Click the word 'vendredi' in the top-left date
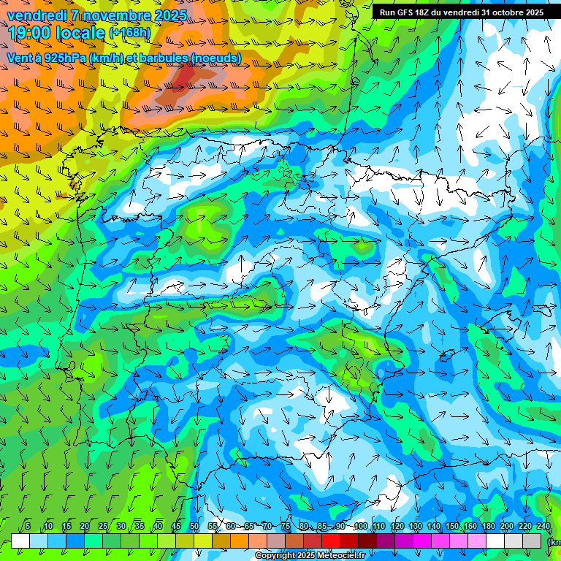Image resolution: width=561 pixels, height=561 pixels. (x=34, y=15)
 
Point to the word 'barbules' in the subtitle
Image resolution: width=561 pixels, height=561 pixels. (x=159, y=57)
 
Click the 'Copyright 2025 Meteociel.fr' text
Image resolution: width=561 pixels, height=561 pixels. (x=310, y=556)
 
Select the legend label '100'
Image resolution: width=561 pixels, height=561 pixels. (x=361, y=526)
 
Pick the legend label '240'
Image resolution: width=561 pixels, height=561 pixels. (x=543, y=526)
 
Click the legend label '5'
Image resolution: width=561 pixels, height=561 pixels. (x=28, y=526)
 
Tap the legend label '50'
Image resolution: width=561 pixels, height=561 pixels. (x=194, y=526)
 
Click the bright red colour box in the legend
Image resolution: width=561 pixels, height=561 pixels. (x=331, y=541)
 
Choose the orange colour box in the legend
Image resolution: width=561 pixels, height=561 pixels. (x=240, y=541)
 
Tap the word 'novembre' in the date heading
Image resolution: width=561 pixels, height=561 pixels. (x=116, y=15)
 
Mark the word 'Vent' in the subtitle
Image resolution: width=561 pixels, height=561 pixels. (x=20, y=57)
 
